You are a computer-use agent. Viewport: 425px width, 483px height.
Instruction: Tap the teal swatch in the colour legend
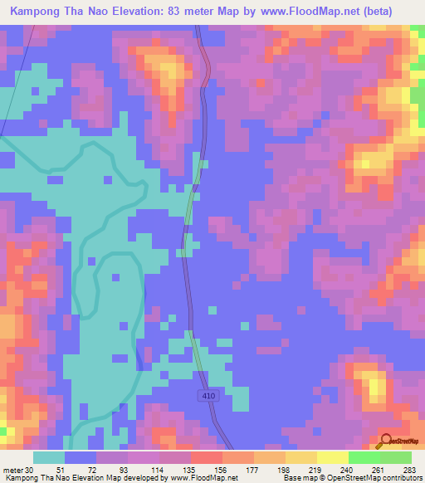coord(49,457)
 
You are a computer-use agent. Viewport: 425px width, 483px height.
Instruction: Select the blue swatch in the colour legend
coord(81,457)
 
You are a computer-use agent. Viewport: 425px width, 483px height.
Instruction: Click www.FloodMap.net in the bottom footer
coord(202,477)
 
